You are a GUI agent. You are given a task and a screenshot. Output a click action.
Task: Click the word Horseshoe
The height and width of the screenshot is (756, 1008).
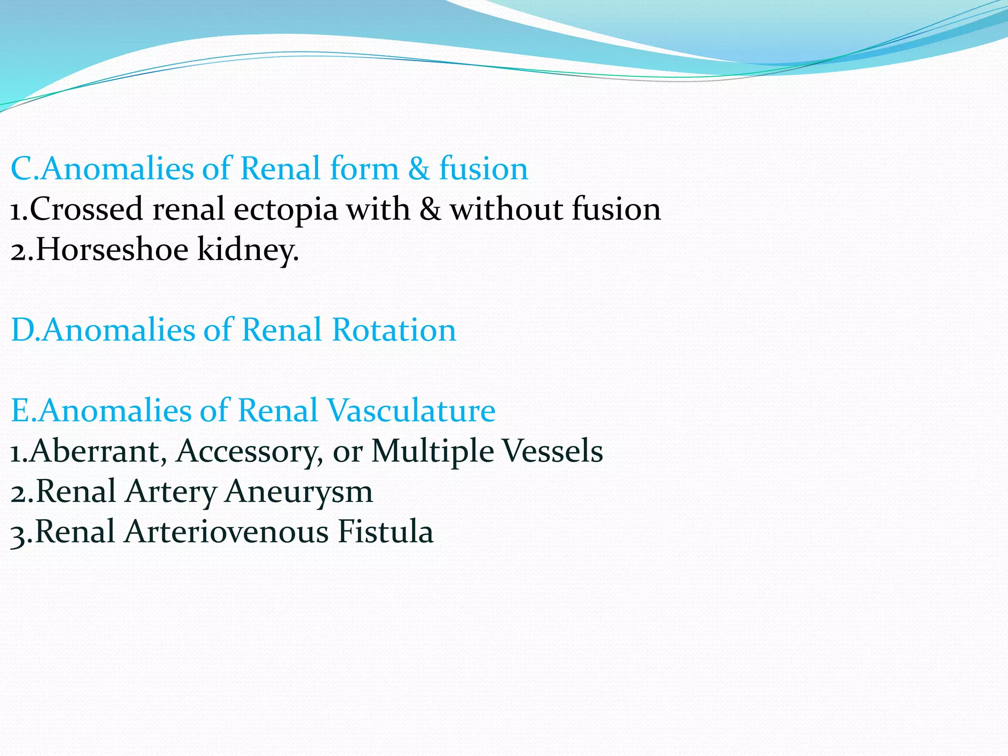click(x=112, y=249)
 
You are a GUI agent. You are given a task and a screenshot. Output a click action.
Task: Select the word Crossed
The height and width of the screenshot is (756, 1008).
click(x=87, y=209)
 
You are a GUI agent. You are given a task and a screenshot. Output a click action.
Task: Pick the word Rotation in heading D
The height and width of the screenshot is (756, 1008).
click(x=394, y=330)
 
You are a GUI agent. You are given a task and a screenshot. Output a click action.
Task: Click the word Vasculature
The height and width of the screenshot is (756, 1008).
click(x=411, y=410)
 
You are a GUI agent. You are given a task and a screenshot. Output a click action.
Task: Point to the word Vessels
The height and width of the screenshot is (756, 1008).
click(x=554, y=451)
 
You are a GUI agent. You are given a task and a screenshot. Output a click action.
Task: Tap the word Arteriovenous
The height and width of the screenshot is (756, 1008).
click(x=226, y=532)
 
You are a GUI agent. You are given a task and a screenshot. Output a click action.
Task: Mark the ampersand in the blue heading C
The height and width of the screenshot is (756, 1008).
click(x=419, y=168)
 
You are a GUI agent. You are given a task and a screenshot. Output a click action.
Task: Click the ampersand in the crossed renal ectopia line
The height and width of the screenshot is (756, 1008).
click(x=430, y=209)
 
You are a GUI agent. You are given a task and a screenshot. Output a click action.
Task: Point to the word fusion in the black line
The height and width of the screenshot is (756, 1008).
click(x=616, y=209)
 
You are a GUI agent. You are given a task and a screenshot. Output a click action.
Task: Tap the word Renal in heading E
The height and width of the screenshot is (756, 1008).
click(x=278, y=410)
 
